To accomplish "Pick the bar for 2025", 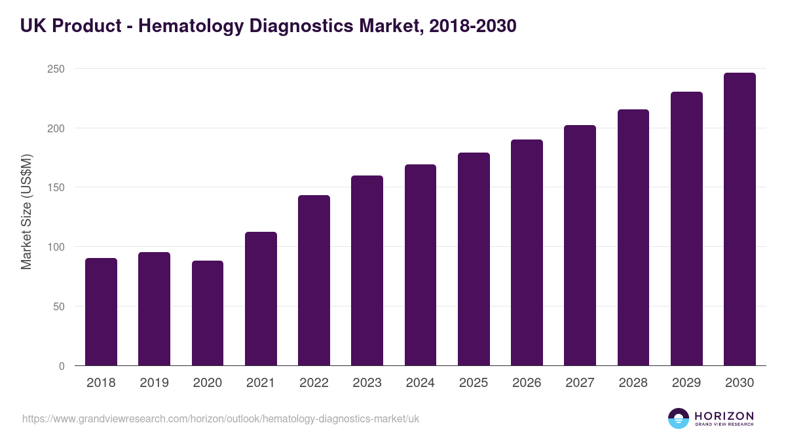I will pos(474,259).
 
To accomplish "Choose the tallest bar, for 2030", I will pos(739,219).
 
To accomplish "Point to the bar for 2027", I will pos(580,246).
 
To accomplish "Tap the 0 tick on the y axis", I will pos(62,366).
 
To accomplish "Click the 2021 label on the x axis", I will pos(261,383).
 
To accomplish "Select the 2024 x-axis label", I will pos(420,383).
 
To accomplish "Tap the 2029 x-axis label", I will pos(686,383).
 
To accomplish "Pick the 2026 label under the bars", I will pos(527,383).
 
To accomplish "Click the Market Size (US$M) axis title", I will pos(26,212).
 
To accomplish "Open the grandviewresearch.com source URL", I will pos(221,418).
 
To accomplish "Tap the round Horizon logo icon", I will pos(679,418).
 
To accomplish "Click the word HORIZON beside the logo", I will pos(724,416).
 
